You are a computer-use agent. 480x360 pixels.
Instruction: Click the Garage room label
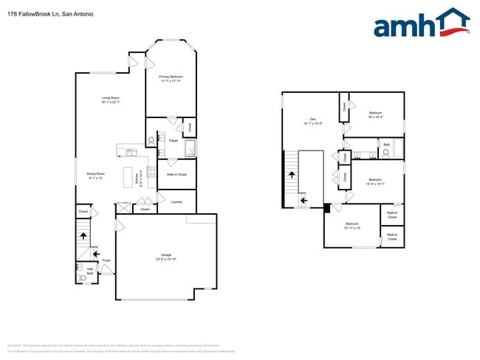(x=166, y=255)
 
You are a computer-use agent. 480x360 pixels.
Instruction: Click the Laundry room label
(x=176, y=201)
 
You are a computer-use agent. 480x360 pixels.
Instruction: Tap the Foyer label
(x=106, y=260)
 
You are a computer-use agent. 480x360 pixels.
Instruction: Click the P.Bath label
(x=173, y=140)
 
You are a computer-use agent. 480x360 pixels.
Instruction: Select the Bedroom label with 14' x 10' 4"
(x=375, y=113)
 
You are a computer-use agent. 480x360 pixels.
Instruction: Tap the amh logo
(x=422, y=24)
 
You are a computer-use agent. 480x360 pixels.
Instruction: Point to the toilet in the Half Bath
(x=83, y=278)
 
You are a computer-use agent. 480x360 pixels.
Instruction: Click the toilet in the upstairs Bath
(x=385, y=153)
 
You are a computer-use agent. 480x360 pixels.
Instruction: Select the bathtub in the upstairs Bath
(x=398, y=150)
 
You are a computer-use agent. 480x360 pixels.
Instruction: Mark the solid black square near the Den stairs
(x=327, y=207)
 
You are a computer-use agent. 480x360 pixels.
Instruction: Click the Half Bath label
(x=90, y=271)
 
